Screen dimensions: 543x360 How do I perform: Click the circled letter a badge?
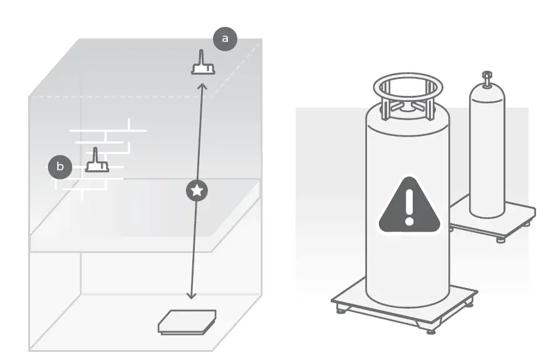click(x=225, y=39)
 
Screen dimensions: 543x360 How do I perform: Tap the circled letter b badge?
click(x=60, y=167)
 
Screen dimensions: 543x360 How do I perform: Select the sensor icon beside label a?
click(x=203, y=64)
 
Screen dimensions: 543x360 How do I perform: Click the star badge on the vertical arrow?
click(x=197, y=190)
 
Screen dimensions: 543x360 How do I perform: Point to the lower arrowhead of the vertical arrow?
click(x=192, y=296)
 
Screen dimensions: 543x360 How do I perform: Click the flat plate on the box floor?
click(x=187, y=322)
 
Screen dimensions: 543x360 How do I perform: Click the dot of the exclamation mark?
click(x=409, y=221)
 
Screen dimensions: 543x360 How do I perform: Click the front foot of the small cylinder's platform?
click(x=500, y=239)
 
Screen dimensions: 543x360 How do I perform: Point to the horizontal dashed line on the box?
click(x=119, y=96)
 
